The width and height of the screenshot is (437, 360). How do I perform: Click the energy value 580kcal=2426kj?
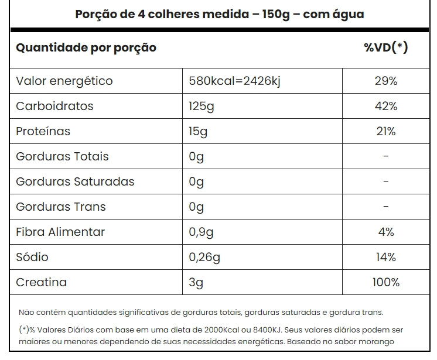(234, 81)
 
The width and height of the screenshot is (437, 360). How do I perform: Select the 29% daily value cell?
(385, 81)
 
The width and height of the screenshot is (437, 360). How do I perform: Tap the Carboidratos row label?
(54, 107)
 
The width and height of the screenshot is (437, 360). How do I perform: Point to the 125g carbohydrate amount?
(199, 107)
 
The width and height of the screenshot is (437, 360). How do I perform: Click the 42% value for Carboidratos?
(385, 107)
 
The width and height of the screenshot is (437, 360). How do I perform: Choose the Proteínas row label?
(43, 132)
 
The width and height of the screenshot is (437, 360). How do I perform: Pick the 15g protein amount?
(198, 132)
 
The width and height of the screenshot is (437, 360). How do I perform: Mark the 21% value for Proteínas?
(385, 132)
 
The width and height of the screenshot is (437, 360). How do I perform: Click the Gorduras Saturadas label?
(75, 182)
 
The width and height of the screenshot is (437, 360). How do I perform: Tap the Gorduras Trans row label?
(61, 207)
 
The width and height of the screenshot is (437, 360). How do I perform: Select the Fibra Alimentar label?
(60, 232)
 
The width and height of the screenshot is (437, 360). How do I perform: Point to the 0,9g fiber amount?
(200, 232)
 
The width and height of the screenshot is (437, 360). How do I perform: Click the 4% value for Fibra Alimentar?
(385, 232)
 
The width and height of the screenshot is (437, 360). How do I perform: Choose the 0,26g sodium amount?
(204, 258)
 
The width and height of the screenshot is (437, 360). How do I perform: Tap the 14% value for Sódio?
(385, 258)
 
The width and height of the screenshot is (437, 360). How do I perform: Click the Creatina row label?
(41, 283)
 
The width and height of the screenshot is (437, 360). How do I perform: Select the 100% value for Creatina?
(385, 283)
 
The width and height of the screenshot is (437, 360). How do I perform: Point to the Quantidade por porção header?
(86, 48)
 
